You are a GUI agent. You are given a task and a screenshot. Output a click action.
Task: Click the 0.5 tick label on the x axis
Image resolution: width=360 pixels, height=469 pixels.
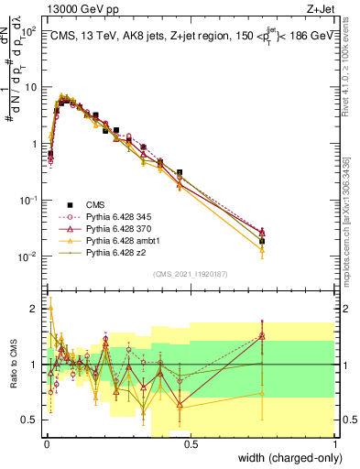click(x=191, y=444)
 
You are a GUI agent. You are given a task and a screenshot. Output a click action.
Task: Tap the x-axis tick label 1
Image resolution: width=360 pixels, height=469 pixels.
click(x=336, y=444)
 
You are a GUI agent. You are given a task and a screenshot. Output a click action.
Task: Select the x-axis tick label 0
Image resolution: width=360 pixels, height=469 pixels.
click(x=45, y=444)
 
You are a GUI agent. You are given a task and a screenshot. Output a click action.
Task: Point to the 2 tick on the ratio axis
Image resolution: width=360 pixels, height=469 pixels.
click(x=35, y=309)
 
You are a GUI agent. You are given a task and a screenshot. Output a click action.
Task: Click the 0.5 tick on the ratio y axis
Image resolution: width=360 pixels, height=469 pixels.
click(x=32, y=420)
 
